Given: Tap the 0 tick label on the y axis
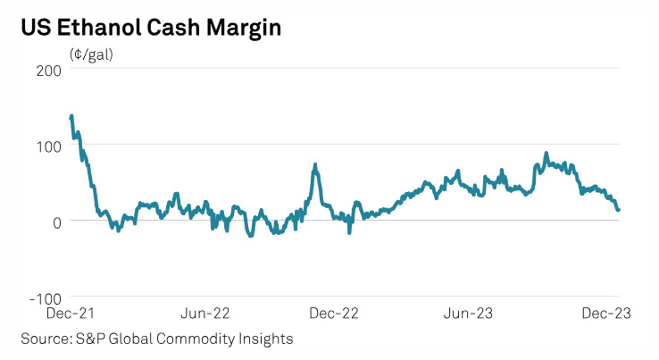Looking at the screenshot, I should (55, 222).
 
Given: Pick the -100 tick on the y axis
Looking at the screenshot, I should (44, 298).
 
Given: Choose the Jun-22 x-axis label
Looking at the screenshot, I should (205, 314).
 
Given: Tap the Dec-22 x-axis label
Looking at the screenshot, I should (333, 314).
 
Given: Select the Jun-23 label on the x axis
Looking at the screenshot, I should (470, 314).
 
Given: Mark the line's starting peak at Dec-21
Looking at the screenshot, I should (71, 116).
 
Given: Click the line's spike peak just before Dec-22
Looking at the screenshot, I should (315, 165).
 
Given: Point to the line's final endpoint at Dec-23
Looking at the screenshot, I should (619, 210).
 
